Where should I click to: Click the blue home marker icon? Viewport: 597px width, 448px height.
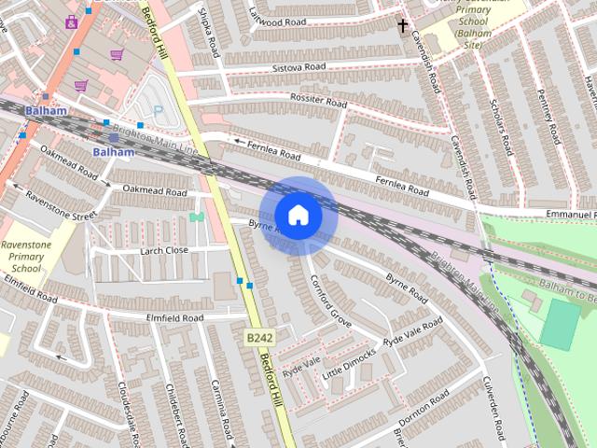(298, 215)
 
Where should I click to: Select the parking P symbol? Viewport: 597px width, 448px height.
(157, 110)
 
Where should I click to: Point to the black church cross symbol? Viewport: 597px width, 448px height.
(403, 25)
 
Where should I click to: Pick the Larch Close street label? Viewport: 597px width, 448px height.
(163, 250)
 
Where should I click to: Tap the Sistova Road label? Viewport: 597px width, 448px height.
(298, 67)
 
